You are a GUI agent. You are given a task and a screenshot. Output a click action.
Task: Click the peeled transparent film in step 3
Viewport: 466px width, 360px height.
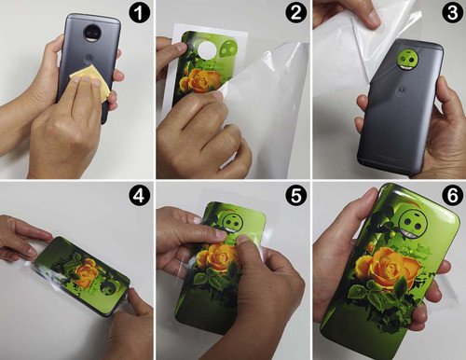[x=345, y=42]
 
